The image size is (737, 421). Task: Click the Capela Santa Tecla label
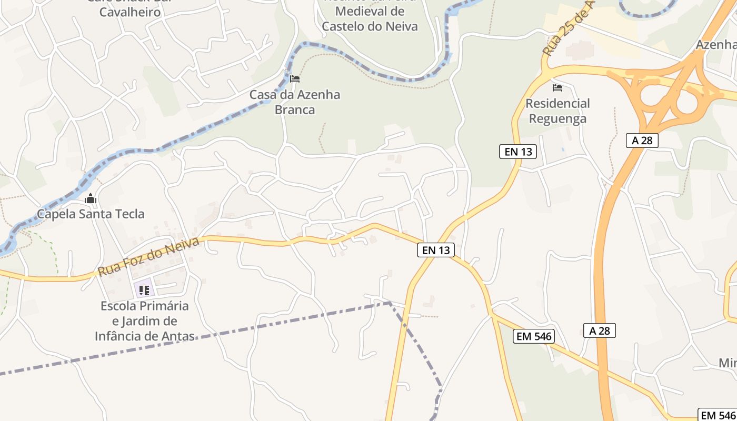point(91,214)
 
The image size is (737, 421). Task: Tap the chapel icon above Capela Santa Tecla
point(91,199)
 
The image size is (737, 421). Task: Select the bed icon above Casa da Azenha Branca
point(295,79)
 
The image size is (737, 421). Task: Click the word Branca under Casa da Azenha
point(295,110)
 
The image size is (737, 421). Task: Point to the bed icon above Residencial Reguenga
point(557,87)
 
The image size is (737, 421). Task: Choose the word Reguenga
point(557,119)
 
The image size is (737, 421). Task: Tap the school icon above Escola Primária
point(144,289)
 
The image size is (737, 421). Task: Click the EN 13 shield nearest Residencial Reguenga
point(518,152)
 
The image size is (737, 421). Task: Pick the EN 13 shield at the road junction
point(436,250)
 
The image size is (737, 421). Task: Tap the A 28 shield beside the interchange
point(642,140)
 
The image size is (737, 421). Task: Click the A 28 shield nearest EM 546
point(600,330)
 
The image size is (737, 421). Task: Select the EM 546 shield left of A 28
point(534,336)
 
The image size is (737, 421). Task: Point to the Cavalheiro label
point(130,12)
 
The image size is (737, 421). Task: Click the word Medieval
point(370,11)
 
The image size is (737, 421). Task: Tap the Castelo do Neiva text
point(370,26)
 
